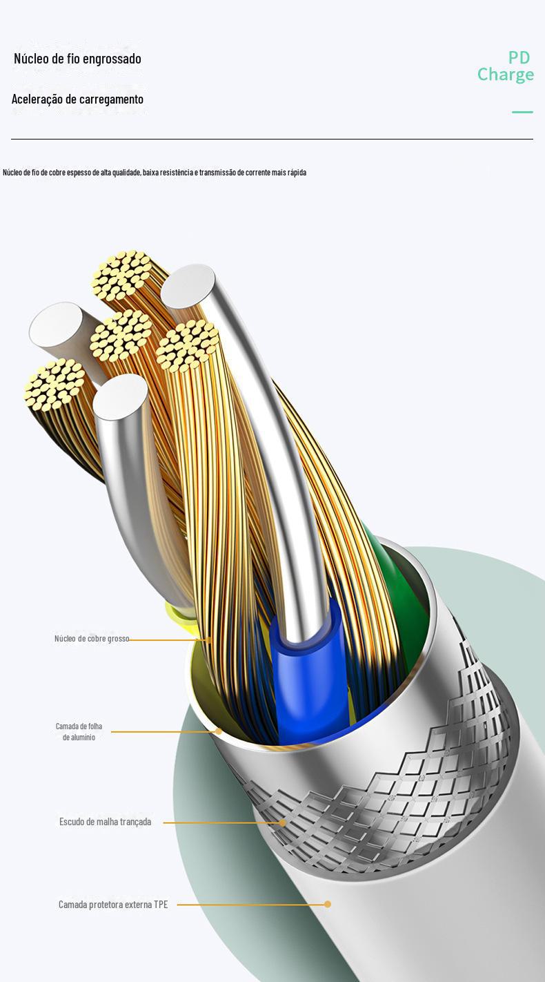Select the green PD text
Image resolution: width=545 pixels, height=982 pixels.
(519, 57)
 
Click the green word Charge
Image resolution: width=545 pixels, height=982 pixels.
(506, 75)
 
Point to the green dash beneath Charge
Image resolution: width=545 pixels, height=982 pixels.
(522, 112)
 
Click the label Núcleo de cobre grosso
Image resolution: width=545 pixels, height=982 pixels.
(92, 639)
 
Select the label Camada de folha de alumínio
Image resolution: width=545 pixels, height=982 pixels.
(79, 732)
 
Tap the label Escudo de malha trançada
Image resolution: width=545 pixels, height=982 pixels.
(105, 822)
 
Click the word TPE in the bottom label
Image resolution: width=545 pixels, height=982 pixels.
(161, 905)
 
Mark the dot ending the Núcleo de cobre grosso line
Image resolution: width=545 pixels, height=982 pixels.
(209, 640)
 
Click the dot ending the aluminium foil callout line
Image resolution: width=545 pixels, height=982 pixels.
(219, 731)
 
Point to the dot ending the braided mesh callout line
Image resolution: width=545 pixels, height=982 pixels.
(282, 822)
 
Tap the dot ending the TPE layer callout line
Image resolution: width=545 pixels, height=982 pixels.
(328, 904)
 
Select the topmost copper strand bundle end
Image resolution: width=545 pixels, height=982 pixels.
(122, 274)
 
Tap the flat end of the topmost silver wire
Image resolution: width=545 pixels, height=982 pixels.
(188, 285)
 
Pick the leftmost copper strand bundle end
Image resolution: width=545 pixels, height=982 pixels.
(54, 384)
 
